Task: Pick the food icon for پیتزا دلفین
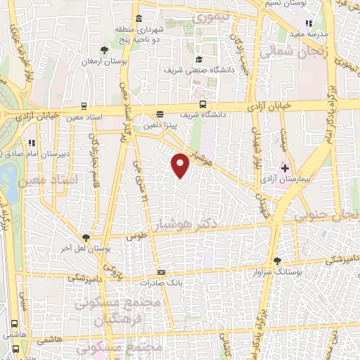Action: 160,114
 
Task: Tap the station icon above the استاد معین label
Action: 84,106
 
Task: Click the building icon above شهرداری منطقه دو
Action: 139,18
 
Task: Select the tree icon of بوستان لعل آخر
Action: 86,238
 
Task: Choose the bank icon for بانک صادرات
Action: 162,273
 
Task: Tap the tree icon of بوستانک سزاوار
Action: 277,260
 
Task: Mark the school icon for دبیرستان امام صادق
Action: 32,143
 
